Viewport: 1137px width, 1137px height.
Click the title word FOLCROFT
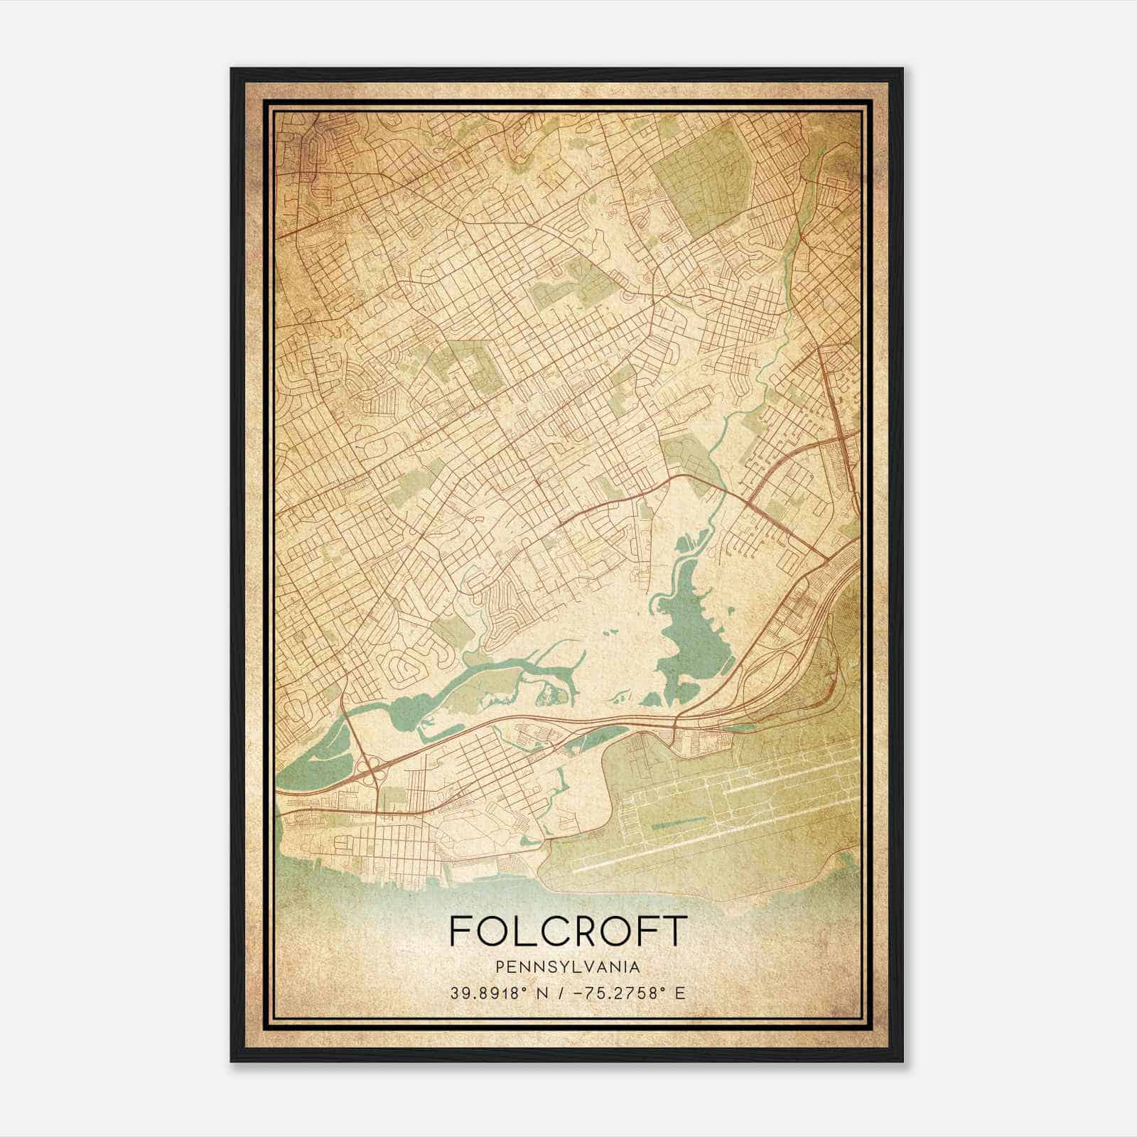point(568,931)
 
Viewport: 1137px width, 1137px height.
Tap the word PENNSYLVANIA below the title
point(568,967)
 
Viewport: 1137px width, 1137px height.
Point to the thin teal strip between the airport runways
point(679,823)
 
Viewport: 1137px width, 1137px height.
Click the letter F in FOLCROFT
point(460,931)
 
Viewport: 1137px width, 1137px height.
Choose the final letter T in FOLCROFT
point(677,931)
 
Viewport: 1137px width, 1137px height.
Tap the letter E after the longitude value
point(680,993)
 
